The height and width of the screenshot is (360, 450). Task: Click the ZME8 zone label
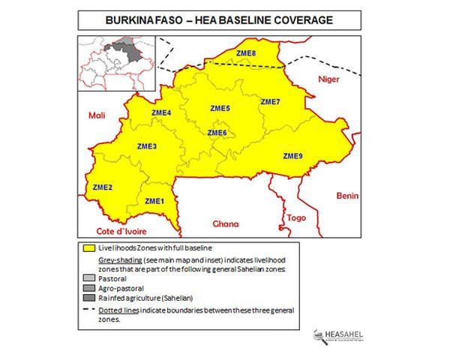244,52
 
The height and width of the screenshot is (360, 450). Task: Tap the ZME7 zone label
270,101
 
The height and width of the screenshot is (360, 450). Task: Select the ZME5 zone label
219,109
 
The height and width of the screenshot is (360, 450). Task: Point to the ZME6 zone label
217,133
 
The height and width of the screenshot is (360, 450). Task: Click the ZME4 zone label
161,113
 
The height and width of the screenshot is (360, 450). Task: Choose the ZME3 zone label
147,145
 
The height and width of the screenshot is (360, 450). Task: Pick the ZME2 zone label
102,187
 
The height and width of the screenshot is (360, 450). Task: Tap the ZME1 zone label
154,201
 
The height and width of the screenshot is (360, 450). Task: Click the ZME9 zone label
292,156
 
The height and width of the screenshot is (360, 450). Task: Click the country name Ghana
225,223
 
